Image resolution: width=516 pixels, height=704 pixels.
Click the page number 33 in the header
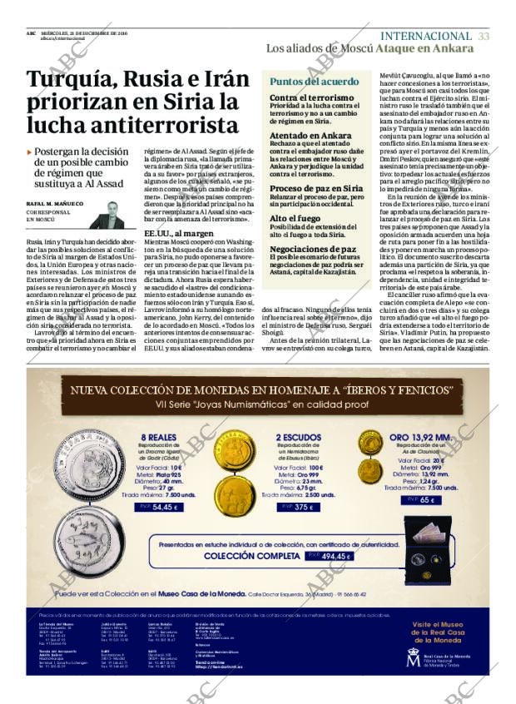click(x=484, y=36)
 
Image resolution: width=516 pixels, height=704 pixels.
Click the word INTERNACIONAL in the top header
click(x=425, y=36)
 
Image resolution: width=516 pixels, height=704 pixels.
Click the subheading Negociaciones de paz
click(x=313, y=248)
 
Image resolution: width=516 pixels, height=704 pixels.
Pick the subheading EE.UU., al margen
click(x=179, y=234)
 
